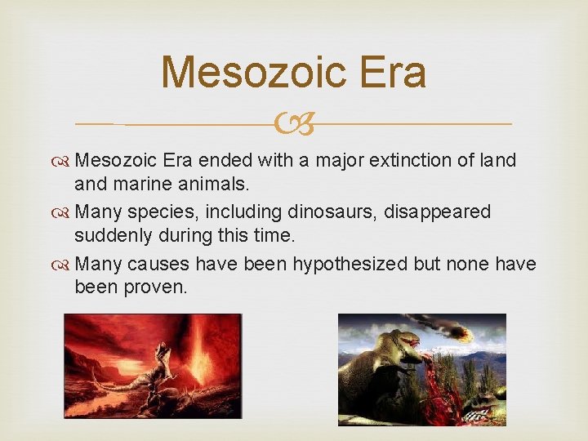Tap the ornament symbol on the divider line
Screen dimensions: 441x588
point(293,124)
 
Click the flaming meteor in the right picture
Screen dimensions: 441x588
point(457,331)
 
